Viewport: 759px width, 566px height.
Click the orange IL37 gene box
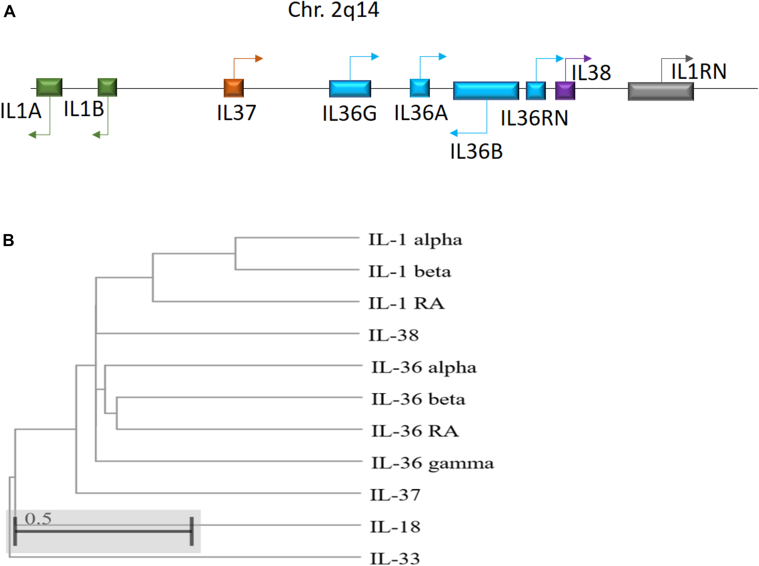(234, 88)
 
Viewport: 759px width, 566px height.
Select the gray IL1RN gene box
(661, 92)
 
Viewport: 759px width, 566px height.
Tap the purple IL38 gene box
(565, 91)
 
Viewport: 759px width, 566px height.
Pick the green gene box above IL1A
(49, 87)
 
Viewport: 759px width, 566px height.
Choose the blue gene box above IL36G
(350, 89)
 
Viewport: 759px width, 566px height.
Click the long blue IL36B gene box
(486, 91)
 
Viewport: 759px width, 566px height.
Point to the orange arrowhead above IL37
(259, 59)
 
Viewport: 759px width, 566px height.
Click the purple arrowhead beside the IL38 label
(588, 59)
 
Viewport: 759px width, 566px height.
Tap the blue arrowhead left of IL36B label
(454, 133)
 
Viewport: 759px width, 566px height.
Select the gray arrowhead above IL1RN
(689, 59)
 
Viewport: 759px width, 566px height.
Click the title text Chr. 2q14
(333, 10)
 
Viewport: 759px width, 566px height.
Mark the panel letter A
(9, 12)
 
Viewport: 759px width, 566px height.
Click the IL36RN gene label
(534, 118)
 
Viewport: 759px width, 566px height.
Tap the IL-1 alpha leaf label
(415, 239)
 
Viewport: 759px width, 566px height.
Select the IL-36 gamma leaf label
(432, 463)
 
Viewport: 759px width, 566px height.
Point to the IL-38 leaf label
(393, 335)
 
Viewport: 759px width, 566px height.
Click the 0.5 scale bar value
(38, 519)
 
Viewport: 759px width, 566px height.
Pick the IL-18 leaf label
(395, 527)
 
